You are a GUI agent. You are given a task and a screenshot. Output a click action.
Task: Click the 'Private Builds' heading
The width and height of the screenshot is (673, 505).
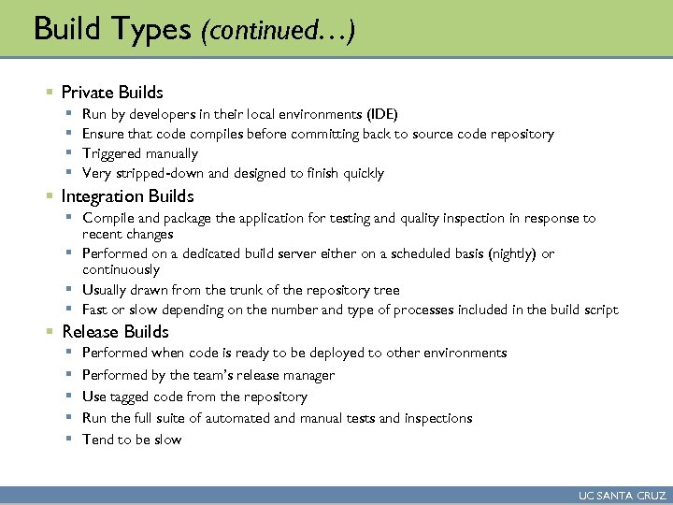click(112, 93)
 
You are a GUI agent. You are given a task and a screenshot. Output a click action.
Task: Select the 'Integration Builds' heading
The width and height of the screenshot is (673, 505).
click(127, 196)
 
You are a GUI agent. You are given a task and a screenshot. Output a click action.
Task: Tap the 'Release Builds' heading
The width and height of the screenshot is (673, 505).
click(115, 332)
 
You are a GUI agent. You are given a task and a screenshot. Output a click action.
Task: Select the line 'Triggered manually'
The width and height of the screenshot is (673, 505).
click(140, 153)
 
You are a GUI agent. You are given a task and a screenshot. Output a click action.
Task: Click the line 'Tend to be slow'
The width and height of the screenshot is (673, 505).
click(132, 440)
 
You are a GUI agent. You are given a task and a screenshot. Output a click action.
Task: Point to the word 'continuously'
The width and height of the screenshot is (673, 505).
click(121, 268)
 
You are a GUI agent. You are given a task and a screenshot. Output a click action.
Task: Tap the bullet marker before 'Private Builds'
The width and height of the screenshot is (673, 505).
click(49, 93)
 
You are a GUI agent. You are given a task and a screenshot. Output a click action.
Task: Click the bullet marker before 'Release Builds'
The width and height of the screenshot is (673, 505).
click(49, 332)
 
